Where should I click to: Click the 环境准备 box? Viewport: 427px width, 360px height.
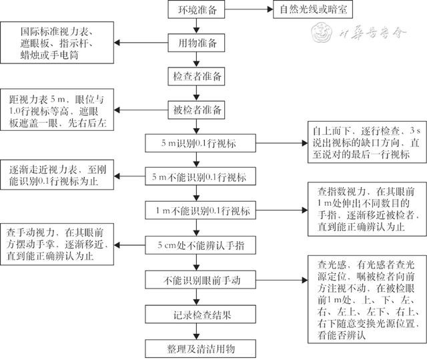coord(196,9)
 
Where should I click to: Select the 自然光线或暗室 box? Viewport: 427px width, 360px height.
coord(313,9)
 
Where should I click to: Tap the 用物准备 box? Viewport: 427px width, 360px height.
coord(196,43)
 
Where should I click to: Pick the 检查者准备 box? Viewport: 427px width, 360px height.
coord(196,76)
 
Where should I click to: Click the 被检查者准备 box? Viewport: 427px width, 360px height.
coord(196,110)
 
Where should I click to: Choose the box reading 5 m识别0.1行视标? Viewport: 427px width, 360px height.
coord(200,143)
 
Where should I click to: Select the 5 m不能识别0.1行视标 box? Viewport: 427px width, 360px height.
coord(200,176)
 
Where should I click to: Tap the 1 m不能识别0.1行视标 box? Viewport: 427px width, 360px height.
coord(200,210)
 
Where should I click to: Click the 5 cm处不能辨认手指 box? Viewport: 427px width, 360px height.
coord(200,245)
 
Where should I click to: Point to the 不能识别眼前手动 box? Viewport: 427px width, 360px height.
coord(200,280)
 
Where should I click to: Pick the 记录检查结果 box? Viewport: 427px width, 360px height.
coord(200,314)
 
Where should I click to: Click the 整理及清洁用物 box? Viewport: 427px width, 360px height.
coord(200,349)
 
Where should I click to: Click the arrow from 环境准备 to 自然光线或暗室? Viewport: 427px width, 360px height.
coord(249,9)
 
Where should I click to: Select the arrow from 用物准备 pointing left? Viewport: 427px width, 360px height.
coord(141,43)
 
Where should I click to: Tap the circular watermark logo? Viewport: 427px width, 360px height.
coord(322,33)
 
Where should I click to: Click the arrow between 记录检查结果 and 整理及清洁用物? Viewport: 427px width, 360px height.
coord(196,331)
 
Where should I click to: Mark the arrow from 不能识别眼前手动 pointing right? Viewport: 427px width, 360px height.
coord(282,280)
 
